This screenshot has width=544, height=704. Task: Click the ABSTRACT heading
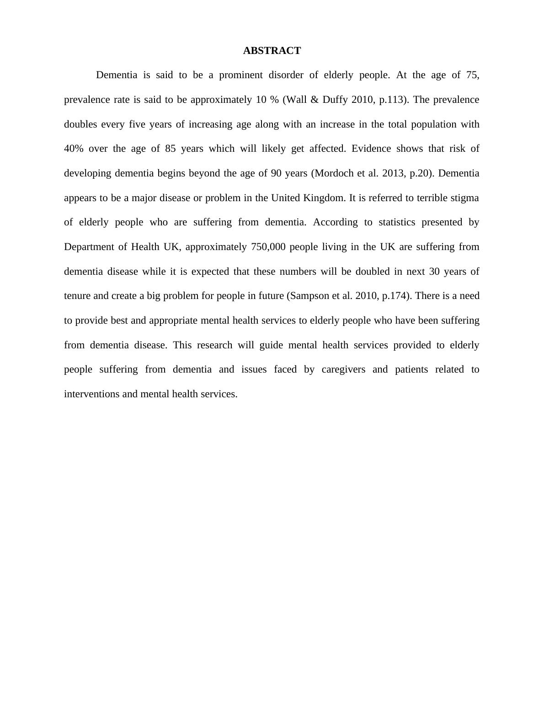272,51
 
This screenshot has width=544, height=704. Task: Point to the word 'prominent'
240,75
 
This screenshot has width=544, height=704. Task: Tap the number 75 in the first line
472,75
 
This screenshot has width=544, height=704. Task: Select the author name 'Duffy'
335,100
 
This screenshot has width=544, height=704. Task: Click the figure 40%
73,149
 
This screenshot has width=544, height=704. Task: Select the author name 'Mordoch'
335,173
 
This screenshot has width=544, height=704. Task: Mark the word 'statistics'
397,222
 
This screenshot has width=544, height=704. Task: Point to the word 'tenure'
77,296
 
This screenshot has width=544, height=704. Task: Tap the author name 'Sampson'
308,296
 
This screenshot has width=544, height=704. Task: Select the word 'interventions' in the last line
92,394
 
